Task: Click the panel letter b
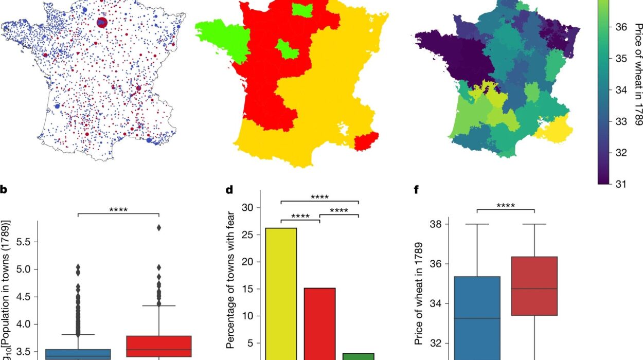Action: click(x=4, y=190)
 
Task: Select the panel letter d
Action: click(x=230, y=190)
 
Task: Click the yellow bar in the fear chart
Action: click(x=281, y=293)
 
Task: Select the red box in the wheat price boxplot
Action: click(x=534, y=286)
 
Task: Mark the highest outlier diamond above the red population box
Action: click(x=159, y=227)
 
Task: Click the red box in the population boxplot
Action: click(x=159, y=346)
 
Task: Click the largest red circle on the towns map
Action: click(x=101, y=22)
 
